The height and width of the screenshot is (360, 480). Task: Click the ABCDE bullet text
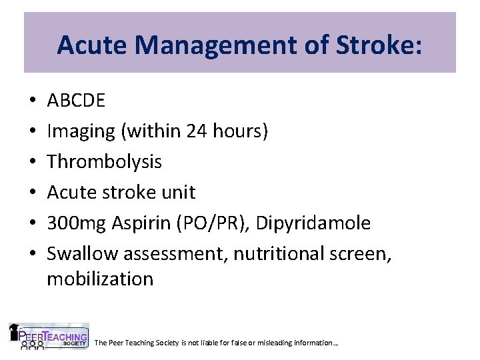76,101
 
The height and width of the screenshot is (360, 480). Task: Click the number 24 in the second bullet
197,131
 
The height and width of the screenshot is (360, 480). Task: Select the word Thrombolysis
105,162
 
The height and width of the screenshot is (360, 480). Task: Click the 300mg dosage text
73,223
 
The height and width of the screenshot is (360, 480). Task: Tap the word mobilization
100,279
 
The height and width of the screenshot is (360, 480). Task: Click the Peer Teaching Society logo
48,337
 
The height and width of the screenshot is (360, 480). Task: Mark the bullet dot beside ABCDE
32,101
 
